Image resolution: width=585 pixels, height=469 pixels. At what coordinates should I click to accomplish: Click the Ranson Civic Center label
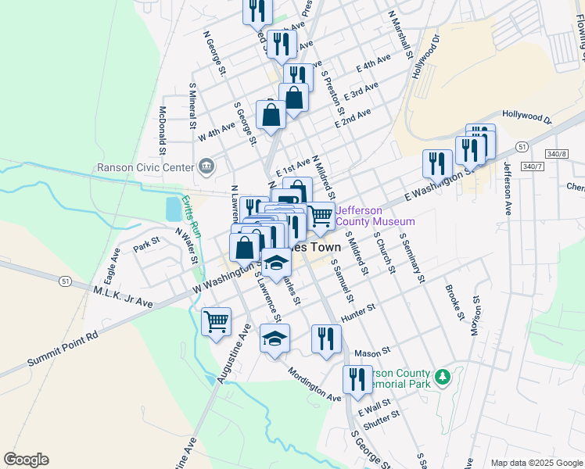(145, 166)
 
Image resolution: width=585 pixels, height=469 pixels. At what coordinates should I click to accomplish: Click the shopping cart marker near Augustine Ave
(216, 320)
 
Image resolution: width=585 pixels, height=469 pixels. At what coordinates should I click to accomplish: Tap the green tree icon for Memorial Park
(443, 378)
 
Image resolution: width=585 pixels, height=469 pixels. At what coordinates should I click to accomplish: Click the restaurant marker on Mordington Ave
(357, 379)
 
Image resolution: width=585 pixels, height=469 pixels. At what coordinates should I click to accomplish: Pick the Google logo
(26, 460)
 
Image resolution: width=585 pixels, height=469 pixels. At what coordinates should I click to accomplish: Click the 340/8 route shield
(553, 153)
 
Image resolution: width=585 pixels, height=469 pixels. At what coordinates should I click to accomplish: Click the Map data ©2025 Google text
(537, 463)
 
